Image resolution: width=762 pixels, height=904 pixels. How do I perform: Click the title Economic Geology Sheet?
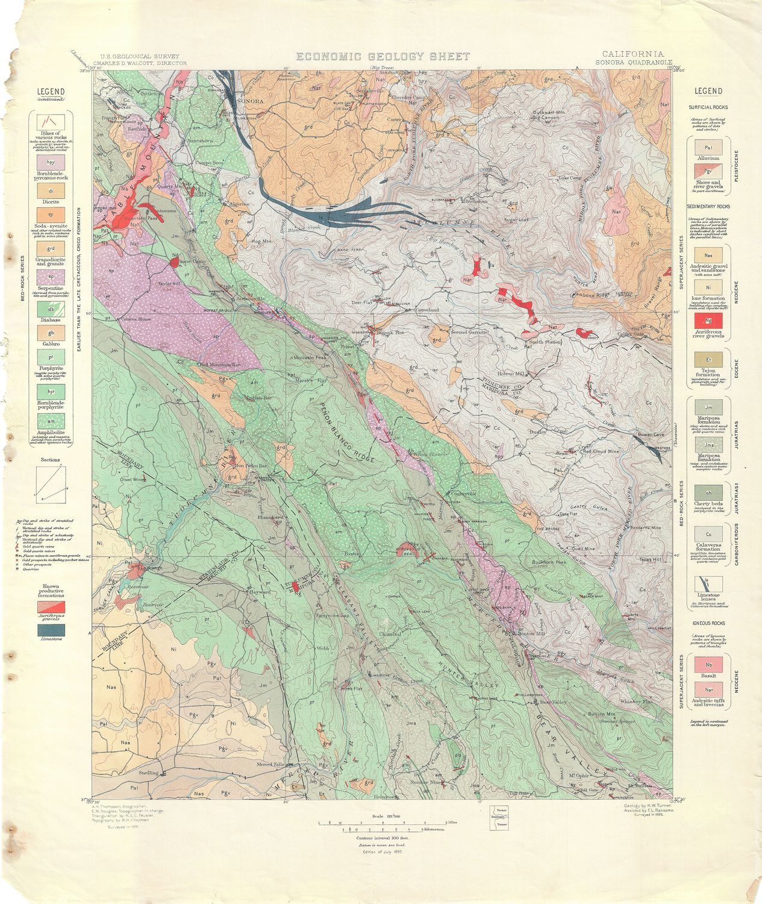click(x=383, y=57)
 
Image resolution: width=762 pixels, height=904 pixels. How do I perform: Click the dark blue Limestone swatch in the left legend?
click(x=51, y=630)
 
